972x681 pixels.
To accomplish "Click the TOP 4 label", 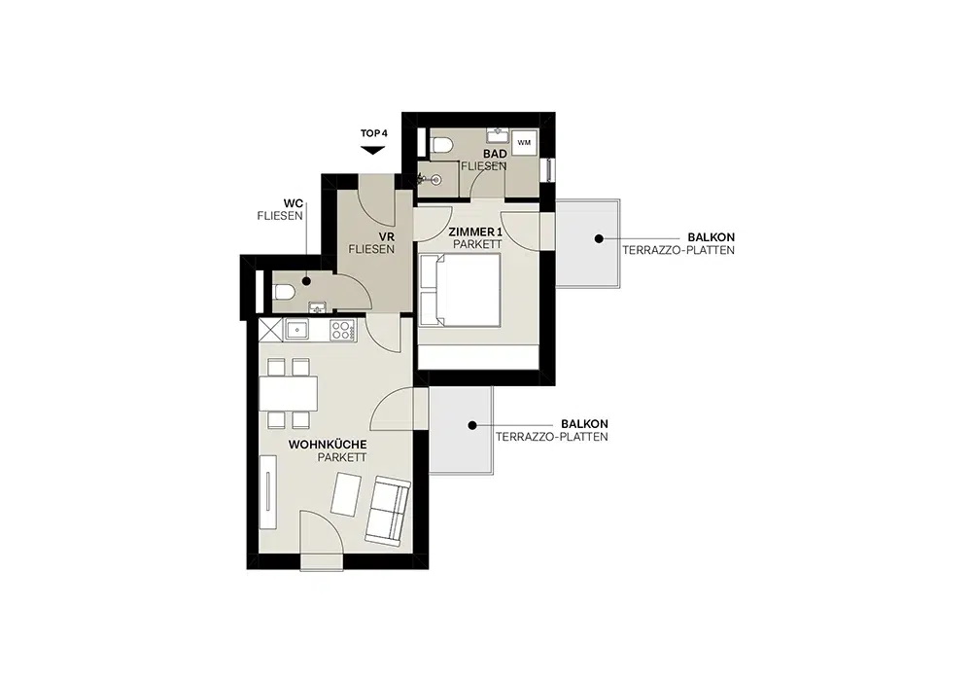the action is [x=374, y=133].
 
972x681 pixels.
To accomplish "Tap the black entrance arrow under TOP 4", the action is [x=373, y=150].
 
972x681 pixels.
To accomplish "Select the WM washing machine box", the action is [x=524, y=143].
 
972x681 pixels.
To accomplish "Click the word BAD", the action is [x=496, y=153].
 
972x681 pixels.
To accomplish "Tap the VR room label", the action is [x=387, y=237].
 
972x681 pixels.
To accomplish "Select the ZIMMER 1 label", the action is [x=475, y=232].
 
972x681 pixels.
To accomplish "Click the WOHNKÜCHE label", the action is [x=328, y=445].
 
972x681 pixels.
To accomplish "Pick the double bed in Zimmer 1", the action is [x=460, y=290].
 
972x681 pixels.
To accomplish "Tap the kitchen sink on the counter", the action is [x=297, y=330].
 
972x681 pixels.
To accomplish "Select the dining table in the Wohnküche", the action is [x=289, y=394].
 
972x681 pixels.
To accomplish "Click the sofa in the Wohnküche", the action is [x=388, y=512].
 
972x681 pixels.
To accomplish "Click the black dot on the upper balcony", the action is [x=599, y=238].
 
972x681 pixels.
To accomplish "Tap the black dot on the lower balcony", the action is [x=472, y=425].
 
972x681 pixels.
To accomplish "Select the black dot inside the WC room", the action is [x=306, y=281].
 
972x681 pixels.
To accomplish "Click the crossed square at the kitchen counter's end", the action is [x=270, y=330].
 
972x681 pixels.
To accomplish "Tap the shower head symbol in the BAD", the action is [x=435, y=180].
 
